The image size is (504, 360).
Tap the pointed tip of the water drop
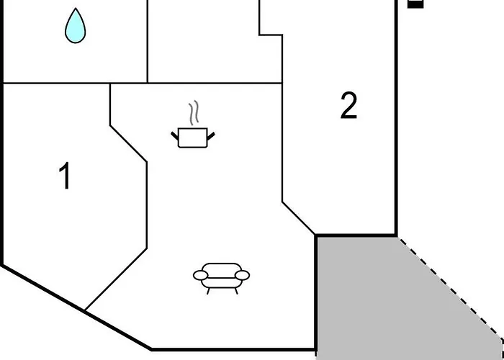(76, 9)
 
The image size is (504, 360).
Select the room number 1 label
(65, 176)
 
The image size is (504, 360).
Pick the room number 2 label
(348, 105)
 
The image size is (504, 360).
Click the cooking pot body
(192, 138)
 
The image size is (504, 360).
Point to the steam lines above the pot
(194, 112)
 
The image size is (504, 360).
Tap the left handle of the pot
(174, 135)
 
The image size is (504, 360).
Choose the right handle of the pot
(211, 136)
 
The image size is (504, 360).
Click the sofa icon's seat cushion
(221, 282)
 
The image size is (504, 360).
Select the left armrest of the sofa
(200, 275)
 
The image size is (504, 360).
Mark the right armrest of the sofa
(243, 275)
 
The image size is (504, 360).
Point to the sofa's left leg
(208, 291)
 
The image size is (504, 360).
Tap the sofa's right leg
(236, 291)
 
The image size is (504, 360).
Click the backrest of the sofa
(222, 270)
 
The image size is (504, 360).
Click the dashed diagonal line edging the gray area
(450, 287)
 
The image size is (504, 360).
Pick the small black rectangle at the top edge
(415, 4)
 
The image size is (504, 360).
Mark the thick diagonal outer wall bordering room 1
(77, 307)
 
